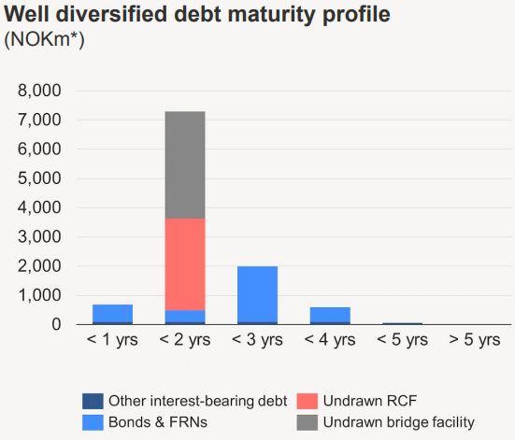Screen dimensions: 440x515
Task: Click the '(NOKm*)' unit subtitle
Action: [46, 40]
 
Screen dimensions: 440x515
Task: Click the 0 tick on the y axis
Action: [55, 324]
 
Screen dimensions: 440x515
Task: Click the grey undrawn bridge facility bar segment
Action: [185, 165]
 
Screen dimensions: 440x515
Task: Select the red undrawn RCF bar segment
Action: [185, 264]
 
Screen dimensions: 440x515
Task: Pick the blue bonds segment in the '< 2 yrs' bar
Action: [185, 316]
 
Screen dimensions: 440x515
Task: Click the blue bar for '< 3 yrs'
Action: [257, 294]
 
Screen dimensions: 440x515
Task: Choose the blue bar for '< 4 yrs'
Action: [329, 315]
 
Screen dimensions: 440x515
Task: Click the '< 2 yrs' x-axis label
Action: [185, 340]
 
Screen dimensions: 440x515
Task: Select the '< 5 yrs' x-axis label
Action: [401, 340]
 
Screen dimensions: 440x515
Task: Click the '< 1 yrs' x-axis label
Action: [112, 340]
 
